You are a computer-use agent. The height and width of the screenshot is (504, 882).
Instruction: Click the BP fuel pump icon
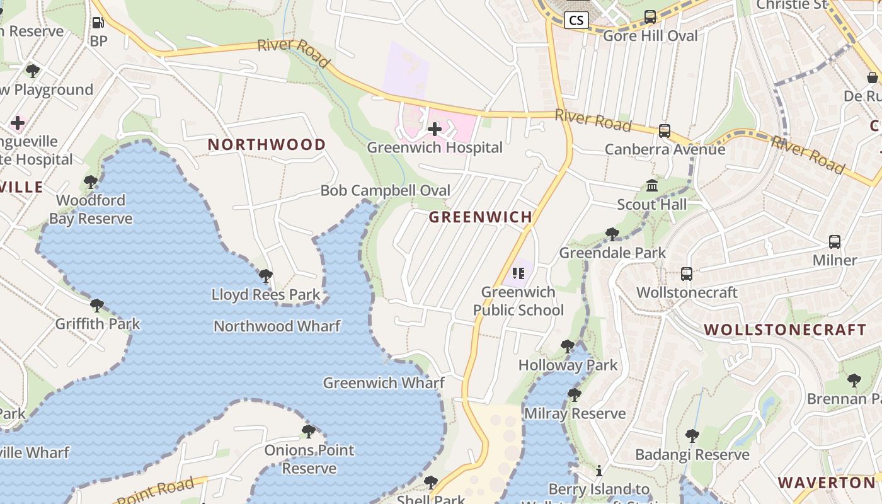click(x=98, y=23)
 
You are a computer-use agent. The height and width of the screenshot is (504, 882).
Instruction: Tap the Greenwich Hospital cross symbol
click(x=435, y=129)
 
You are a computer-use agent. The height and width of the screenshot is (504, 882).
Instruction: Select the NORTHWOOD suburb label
click(x=267, y=144)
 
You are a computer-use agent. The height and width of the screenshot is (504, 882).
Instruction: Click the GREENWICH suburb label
click(x=481, y=217)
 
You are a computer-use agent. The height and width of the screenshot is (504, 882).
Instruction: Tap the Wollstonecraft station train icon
click(x=687, y=274)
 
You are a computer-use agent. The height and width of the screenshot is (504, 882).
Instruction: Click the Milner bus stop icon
click(x=835, y=241)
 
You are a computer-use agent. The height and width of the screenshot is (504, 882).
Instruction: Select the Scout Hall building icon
click(x=652, y=186)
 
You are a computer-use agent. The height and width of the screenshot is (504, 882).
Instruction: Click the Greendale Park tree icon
click(x=612, y=234)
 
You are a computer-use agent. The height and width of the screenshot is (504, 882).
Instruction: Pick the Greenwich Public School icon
click(x=518, y=273)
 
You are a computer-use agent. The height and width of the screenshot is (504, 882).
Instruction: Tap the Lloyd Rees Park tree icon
click(x=266, y=275)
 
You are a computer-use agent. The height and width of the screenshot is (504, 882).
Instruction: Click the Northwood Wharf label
click(x=277, y=326)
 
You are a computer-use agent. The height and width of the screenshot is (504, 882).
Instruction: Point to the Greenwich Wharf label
click(x=384, y=382)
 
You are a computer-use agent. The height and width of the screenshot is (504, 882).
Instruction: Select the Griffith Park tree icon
click(x=97, y=306)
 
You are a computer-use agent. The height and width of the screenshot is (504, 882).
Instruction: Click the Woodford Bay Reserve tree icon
click(x=91, y=182)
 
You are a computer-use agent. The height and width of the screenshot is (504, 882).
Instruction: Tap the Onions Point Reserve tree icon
click(x=309, y=432)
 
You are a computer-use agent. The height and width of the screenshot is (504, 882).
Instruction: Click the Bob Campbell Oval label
click(x=386, y=190)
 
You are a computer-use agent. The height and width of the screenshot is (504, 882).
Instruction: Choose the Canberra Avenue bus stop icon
click(x=665, y=130)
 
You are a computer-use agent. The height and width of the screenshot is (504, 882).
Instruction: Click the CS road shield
click(x=576, y=20)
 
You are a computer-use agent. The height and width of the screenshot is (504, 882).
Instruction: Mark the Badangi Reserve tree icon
click(x=692, y=435)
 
